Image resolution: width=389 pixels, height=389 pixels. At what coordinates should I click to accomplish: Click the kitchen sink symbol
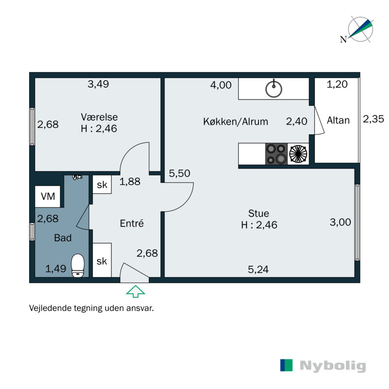(274, 88)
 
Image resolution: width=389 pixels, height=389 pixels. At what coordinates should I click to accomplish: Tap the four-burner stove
(276, 154)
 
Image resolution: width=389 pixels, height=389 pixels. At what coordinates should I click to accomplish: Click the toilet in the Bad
(78, 265)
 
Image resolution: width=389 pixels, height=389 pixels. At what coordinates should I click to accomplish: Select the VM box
(48, 196)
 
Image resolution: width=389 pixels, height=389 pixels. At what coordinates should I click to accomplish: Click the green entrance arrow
(136, 291)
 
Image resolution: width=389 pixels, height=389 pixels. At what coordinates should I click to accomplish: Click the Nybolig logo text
(333, 366)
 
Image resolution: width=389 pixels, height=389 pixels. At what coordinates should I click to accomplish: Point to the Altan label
(338, 120)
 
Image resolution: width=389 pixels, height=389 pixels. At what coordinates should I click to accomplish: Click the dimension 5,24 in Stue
(258, 269)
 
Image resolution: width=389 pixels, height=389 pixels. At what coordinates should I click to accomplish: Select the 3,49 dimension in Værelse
(98, 84)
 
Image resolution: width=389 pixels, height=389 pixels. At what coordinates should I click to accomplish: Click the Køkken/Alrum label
(235, 122)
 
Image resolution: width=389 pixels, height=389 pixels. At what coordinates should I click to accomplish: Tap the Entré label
(132, 224)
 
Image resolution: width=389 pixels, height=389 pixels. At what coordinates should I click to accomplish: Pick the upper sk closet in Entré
(102, 184)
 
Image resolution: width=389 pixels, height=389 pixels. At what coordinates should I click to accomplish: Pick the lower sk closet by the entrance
(102, 261)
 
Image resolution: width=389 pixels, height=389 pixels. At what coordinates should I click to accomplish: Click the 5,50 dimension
(179, 173)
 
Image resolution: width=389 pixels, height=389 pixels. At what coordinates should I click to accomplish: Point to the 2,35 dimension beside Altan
(373, 119)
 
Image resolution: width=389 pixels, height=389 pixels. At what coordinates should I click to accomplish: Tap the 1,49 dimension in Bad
(55, 268)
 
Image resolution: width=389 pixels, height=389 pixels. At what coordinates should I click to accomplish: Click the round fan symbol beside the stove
(298, 154)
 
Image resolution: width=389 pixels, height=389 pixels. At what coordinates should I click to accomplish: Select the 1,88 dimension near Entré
(130, 182)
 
